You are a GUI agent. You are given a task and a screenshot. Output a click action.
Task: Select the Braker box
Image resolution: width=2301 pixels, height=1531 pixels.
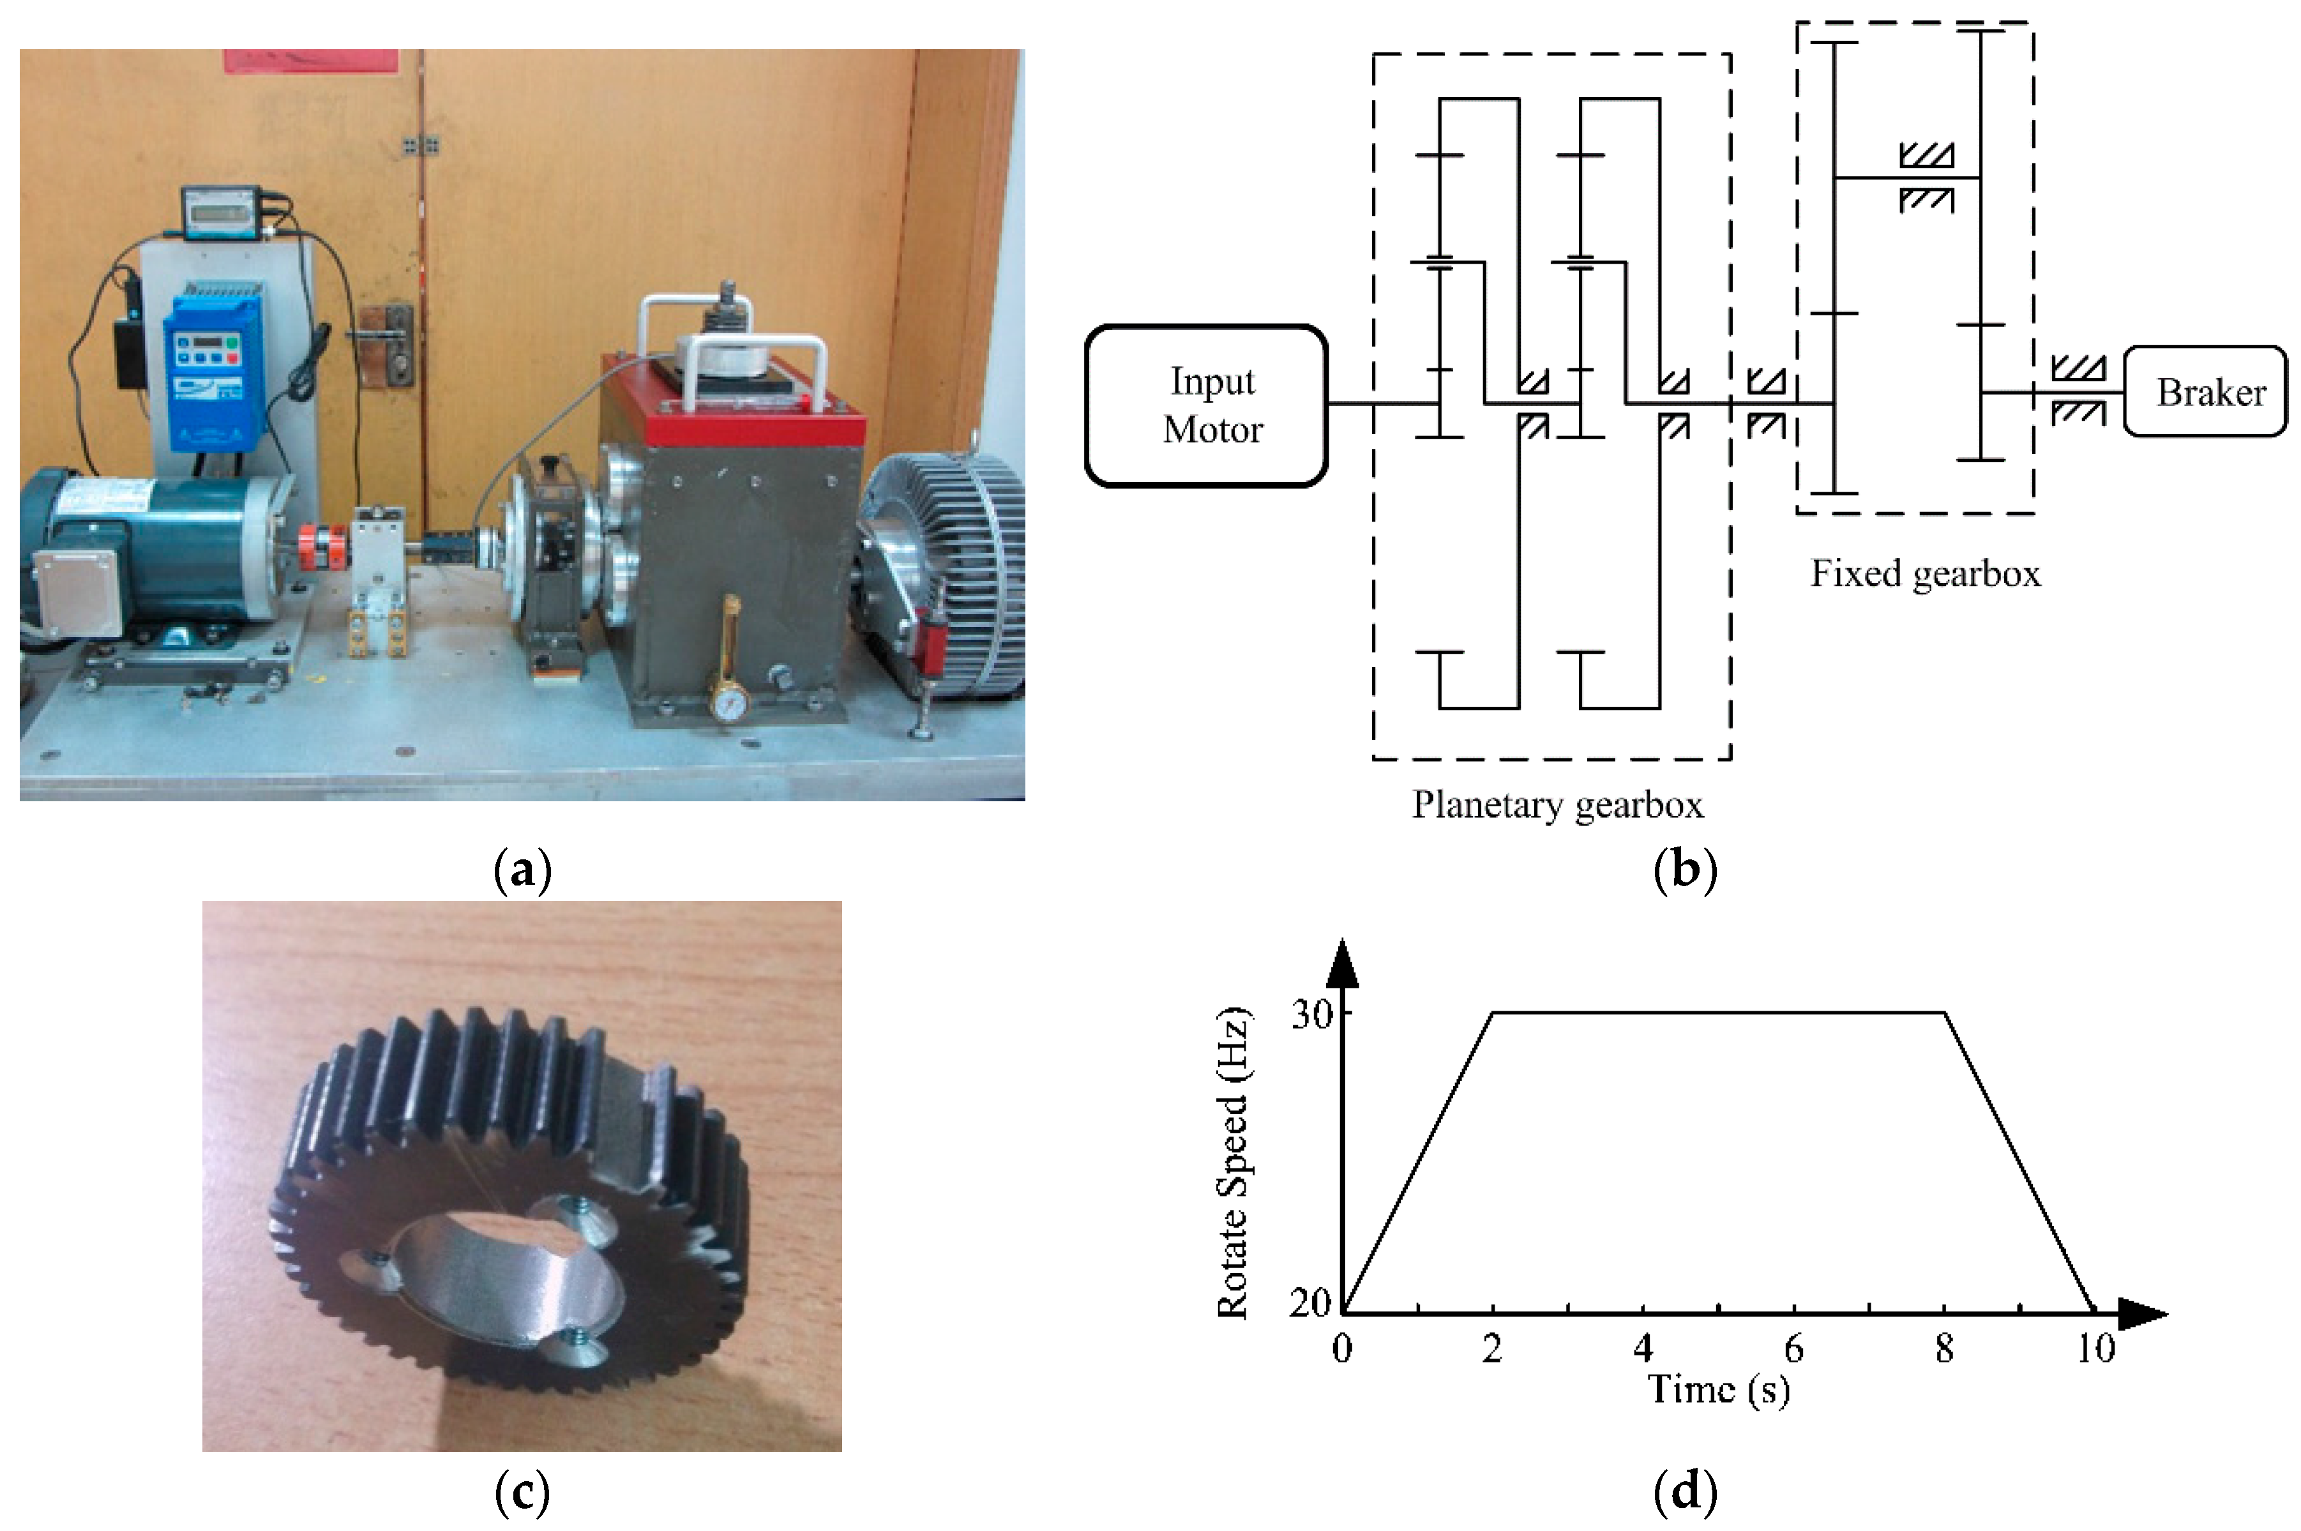[2205, 391]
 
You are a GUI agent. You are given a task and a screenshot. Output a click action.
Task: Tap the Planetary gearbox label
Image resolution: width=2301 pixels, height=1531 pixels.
[1557, 804]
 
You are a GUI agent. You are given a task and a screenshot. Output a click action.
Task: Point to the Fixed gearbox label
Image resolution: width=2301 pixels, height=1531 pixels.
[1925, 573]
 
